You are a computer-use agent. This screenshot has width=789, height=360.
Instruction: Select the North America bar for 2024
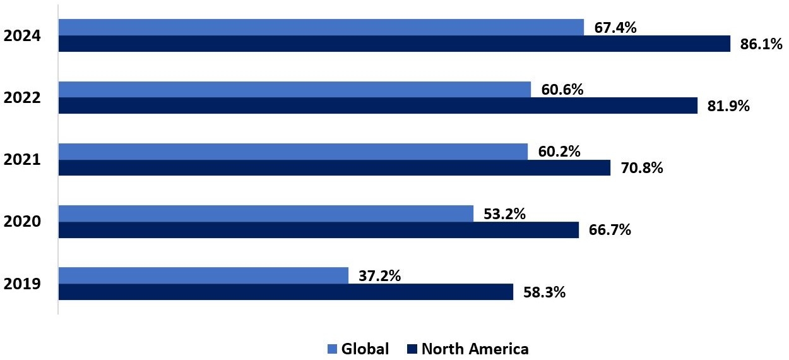coord(394,44)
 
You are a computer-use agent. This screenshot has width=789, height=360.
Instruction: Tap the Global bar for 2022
coord(294,90)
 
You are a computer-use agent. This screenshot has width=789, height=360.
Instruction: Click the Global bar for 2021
coord(293,152)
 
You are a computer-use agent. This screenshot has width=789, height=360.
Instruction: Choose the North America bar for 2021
coord(334,167)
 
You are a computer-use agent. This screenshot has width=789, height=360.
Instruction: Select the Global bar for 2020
coord(266,213)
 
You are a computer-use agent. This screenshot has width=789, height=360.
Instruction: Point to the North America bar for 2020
coord(318,230)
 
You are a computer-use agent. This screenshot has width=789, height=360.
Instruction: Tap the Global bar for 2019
coord(203,275)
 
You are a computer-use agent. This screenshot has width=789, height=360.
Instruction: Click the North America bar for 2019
coord(285,292)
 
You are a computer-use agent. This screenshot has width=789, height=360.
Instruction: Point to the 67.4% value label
coord(615,28)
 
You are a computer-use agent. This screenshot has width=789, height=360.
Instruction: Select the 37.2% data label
coord(380,276)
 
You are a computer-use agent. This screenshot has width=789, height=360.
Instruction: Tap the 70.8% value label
coord(642,169)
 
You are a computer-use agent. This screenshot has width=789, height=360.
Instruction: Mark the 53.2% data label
coord(505,214)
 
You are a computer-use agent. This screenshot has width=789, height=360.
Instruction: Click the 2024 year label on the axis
coord(22,36)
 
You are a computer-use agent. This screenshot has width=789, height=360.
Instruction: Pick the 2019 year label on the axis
coord(22,284)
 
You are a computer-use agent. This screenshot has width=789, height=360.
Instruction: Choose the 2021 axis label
coord(22,160)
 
